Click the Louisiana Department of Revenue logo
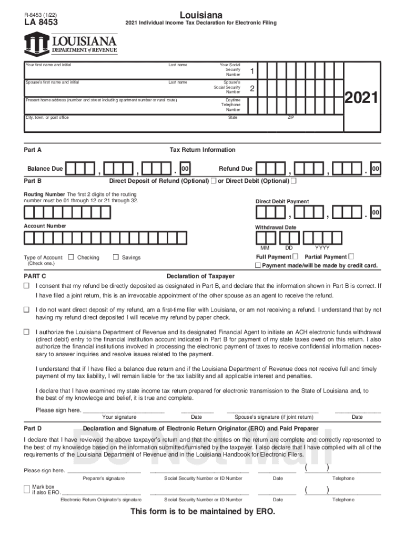point(70,44)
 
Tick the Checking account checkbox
point(72,257)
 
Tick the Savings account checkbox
point(116,257)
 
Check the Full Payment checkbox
point(295,256)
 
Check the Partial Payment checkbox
point(351,256)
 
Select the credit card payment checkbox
point(258,266)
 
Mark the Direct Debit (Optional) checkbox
point(293,181)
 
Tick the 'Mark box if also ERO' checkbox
point(27,489)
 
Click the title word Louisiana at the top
point(200,14)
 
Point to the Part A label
point(33,150)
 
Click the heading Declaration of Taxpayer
point(200,276)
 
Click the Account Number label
point(45,226)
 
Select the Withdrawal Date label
point(276,227)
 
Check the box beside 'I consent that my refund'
point(26,286)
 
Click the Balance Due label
point(45,169)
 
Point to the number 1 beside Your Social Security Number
point(252,71)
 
